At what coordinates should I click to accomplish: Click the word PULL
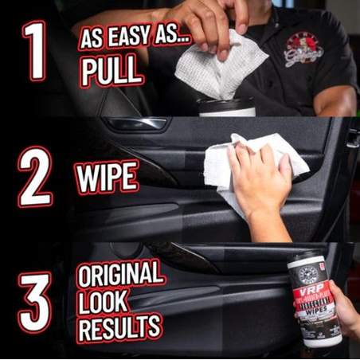tap(111, 72)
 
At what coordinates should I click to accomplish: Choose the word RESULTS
tap(119, 327)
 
